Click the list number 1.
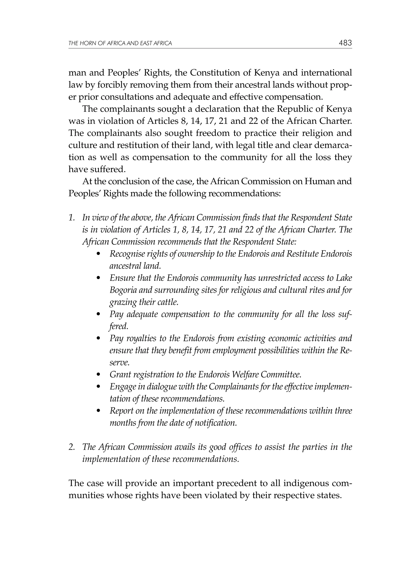[x=72, y=218]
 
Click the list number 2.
[x=72, y=447]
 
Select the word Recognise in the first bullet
[x=127, y=254]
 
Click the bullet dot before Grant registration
[x=99, y=375]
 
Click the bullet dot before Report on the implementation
[x=99, y=411]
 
